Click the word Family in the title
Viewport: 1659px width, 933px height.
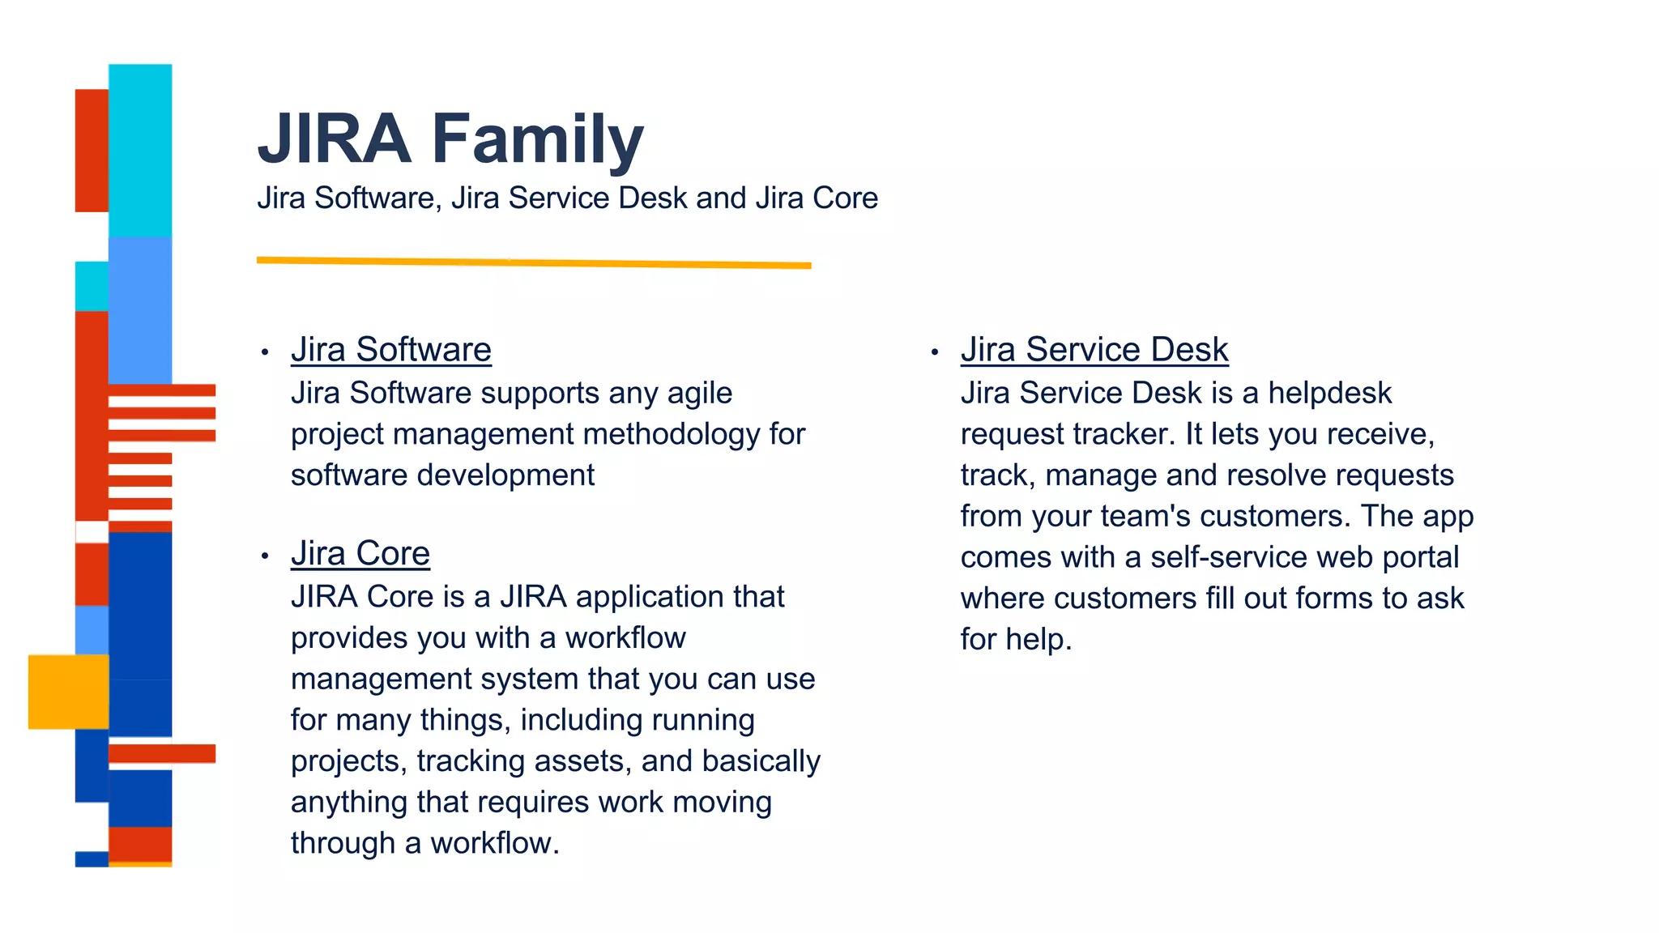point(537,139)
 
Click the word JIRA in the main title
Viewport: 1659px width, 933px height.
point(335,139)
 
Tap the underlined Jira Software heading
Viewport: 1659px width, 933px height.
point(391,350)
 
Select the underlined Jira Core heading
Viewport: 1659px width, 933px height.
point(360,554)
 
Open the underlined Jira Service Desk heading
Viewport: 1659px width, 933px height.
point(1094,350)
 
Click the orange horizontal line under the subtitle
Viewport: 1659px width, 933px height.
point(534,262)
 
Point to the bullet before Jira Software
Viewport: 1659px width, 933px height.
point(265,352)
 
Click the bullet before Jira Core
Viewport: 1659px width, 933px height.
point(265,556)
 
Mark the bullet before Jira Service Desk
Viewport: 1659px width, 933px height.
point(934,352)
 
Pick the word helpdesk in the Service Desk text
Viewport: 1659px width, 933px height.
point(1329,394)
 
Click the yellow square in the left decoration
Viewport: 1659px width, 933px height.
point(68,692)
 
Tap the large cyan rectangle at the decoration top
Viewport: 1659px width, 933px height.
point(140,150)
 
